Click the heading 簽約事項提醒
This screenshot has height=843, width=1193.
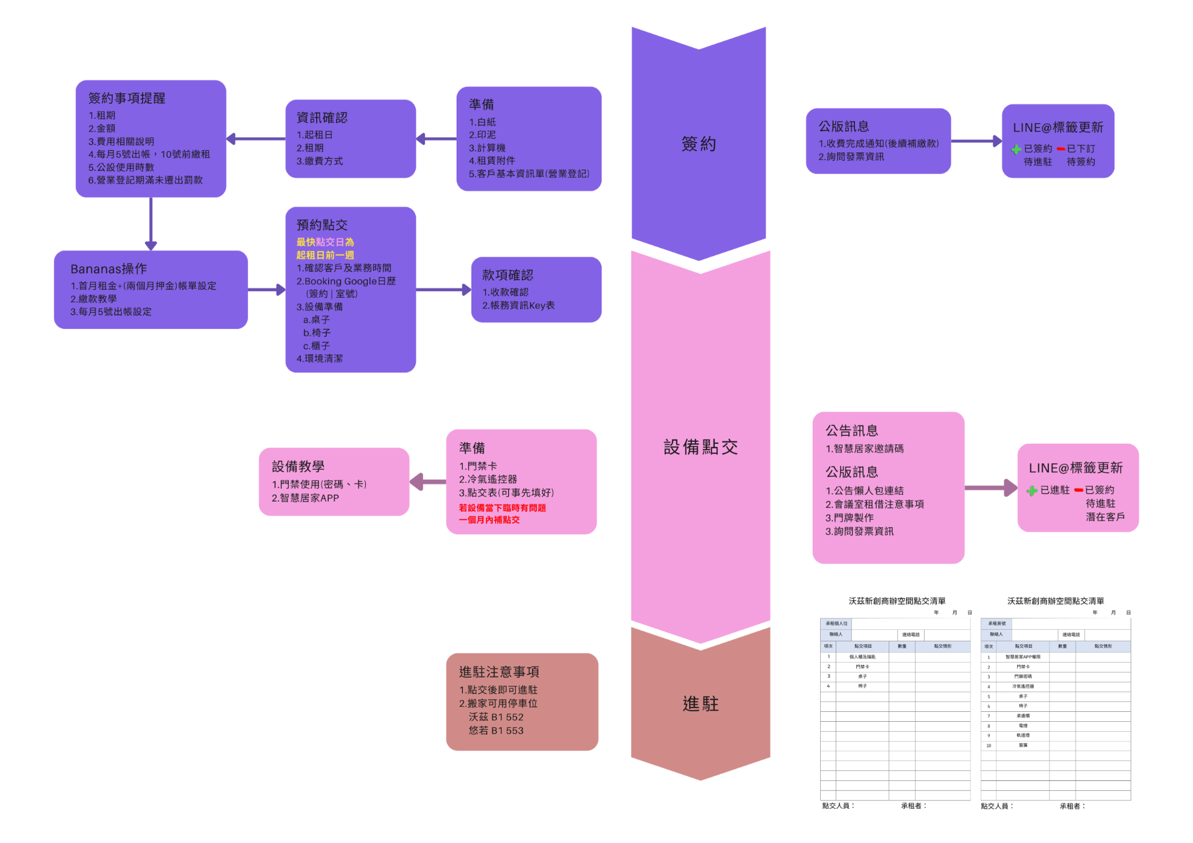click(127, 98)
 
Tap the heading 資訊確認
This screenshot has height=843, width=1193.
click(322, 117)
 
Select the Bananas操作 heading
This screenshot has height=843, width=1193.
click(109, 269)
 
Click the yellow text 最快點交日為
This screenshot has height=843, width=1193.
click(325, 242)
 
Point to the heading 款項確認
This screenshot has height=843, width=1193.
click(508, 275)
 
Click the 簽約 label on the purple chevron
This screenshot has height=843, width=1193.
click(698, 144)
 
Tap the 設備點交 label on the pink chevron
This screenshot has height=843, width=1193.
click(700, 447)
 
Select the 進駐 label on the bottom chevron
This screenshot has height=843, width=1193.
click(700, 704)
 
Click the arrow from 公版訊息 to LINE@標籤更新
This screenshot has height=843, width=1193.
click(976, 142)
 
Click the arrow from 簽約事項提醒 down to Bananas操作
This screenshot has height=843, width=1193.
click(150, 224)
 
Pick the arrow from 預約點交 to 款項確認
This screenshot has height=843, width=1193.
click(443, 290)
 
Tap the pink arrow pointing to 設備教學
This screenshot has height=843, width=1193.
click(427, 482)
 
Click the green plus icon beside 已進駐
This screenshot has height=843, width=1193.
click(1032, 491)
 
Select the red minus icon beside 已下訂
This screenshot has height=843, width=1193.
click(1061, 149)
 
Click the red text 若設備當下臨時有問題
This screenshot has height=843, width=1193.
click(502, 508)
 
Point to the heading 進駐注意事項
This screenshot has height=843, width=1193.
click(499, 672)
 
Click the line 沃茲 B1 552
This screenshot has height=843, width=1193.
click(496, 717)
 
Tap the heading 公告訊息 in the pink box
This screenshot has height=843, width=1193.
click(851, 431)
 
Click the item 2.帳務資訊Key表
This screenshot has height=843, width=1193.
click(518, 305)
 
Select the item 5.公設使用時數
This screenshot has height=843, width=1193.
click(121, 167)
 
